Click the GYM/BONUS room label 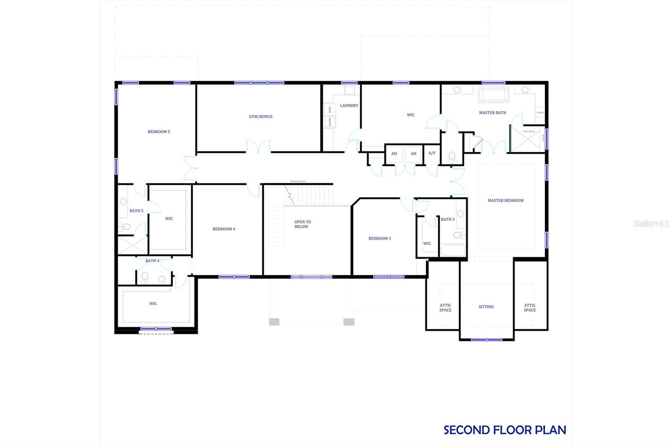(260, 117)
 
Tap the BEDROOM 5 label (159, 132)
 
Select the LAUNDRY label (349, 106)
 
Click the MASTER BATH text (492, 113)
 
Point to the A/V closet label (432, 153)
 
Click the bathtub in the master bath (494, 95)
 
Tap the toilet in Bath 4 (145, 278)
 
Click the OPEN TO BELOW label (302, 224)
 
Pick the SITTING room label (486, 307)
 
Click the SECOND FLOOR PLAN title (505, 430)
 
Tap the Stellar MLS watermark (651, 223)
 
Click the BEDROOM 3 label (380, 239)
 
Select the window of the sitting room (486, 340)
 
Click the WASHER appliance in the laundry (330, 122)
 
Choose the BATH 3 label (447, 219)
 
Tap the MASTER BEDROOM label (505, 200)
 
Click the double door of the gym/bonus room (258, 147)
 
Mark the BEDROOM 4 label (224, 229)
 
